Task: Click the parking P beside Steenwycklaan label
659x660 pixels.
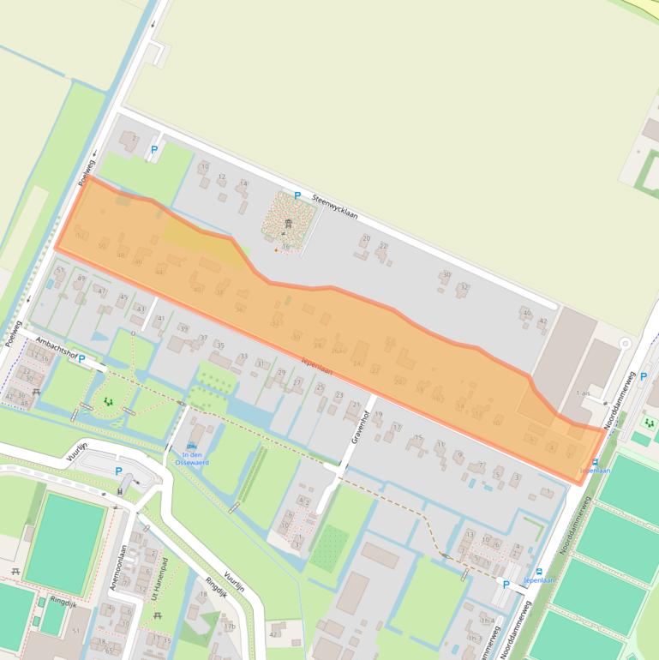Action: [x=297, y=195]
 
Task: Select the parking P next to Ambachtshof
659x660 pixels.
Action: [x=82, y=359]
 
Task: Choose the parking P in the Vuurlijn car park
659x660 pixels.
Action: [x=118, y=471]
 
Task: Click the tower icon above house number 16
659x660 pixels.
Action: [x=287, y=225]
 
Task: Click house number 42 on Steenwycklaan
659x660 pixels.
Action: [x=542, y=321]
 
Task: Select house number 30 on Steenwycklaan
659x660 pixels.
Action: [x=446, y=274]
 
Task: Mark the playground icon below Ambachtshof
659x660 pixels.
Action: [x=108, y=400]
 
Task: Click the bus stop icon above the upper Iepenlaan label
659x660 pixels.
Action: [x=595, y=461]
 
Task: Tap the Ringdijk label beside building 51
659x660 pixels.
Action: [x=63, y=602]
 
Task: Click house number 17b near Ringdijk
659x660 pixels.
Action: [x=229, y=627]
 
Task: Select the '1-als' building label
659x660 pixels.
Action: [x=584, y=393]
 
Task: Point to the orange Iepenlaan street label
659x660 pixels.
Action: [x=316, y=366]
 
